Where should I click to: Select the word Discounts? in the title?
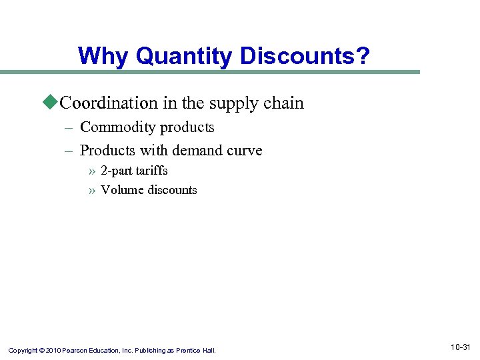pos(305,56)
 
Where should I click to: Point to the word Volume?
pos(122,190)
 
